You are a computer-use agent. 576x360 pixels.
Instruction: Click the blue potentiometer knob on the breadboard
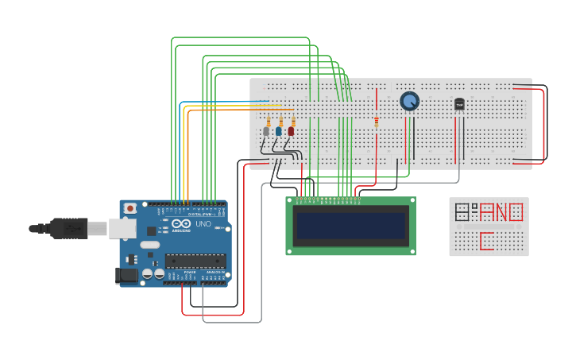[x=409, y=101]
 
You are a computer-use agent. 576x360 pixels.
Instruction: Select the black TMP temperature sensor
[x=459, y=103]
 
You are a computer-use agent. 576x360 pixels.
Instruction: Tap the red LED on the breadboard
[x=291, y=131]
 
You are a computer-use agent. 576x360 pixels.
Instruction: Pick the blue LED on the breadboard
[x=278, y=131]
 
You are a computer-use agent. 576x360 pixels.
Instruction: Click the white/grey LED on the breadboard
[x=266, y=131]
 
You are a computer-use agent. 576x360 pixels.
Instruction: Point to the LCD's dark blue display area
[x=350, y=226]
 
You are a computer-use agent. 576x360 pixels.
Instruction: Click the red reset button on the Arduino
[x=130, y=208]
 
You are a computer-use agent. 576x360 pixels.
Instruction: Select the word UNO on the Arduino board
[x=203, y=224]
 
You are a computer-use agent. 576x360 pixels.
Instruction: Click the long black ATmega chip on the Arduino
[x=195, y=260]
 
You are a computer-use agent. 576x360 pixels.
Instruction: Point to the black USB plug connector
[x=68, y=228]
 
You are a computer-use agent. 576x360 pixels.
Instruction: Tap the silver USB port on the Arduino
[x=122, y=228]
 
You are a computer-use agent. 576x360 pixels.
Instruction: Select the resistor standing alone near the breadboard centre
[x=376, y=122]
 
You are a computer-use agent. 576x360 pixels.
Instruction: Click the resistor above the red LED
[x=292, y=119]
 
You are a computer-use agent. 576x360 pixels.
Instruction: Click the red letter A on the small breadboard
[x=486, y=212]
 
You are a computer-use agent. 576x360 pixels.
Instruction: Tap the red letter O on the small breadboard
[x=516, y=212]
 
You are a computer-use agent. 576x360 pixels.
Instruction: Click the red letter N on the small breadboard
[x=501, y=212]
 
